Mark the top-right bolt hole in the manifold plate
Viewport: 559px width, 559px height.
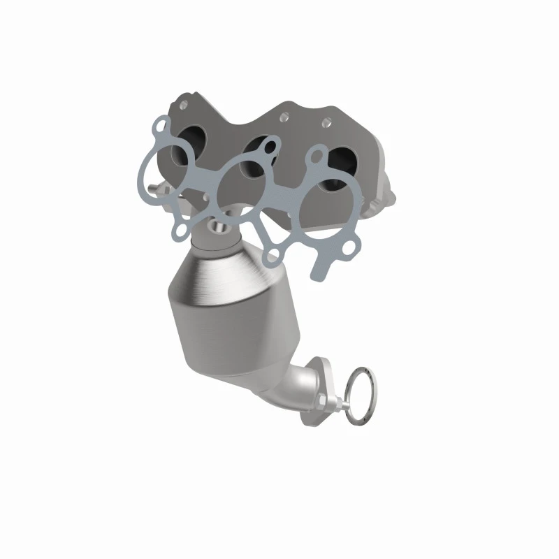pyautogui.click(x=344, y=123)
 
